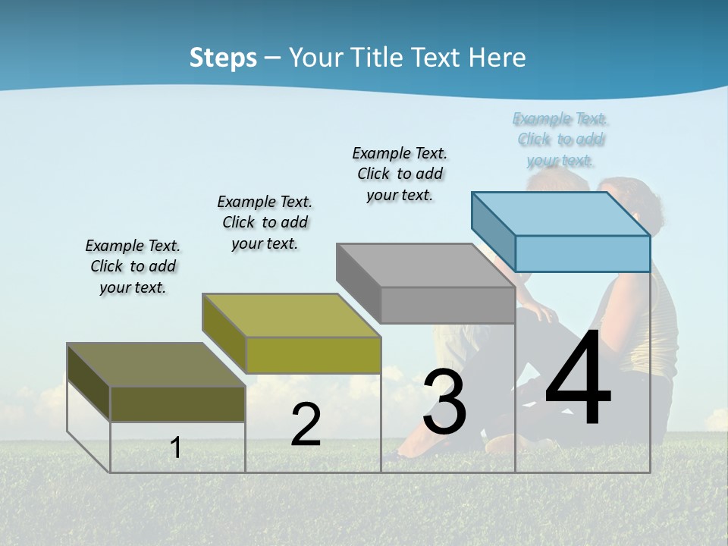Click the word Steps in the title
[223, 58]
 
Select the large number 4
[578, 379]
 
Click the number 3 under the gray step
[444, 402]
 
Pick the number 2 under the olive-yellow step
[306, 425]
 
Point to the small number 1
[176, 448]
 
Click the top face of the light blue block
[561, 213]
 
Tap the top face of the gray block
[425, 265]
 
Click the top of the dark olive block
[155, 365]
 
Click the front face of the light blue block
[582, 253]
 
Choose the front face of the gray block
[447, 305]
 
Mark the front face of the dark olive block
[177, 403]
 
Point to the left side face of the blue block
[493, 231]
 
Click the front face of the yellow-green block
[312, 355]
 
